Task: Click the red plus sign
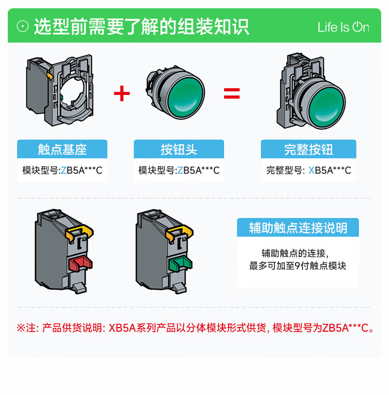(x=122, y=93)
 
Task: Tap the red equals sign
(x=232, y=93)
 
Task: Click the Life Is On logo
(x=343, y=27)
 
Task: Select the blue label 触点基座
(x=62, y=149)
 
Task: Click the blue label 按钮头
(x=179, y=149)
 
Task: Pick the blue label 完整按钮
(x=309, y=149)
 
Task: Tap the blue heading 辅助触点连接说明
(x=298, y=227)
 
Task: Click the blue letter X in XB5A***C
(x=311, y=171)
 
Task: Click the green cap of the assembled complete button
(x=327, y=107)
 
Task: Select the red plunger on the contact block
(x=80, y=264)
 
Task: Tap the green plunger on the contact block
(x=181, y=264)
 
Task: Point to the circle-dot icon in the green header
(x=23, y=26)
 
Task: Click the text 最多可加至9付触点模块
(x=298, y=266)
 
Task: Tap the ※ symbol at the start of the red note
(x=21, y=328)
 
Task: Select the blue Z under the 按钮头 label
(x=180, y=171)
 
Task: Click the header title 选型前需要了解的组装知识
(x=142, y=26)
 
